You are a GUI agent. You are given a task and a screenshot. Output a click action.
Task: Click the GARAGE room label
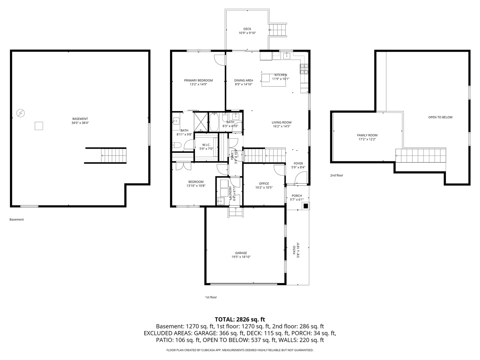[x=241, y=253]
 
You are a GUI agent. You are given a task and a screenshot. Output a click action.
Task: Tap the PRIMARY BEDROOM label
[x=198, y=80]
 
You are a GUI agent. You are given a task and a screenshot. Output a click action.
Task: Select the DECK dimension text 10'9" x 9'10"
[x=247, y=33]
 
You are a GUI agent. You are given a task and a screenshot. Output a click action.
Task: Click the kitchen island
[x=273, y=80]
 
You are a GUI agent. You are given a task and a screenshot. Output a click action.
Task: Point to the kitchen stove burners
[x=304, y=69]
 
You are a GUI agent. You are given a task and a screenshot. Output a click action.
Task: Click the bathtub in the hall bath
[x=214, y=122]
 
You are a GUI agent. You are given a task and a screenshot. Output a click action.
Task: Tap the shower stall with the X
[x=201, y=122]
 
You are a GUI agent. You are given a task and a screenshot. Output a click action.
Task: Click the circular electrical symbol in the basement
[x=21, y=113]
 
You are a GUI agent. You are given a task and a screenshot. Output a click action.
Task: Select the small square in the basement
[x=39, y=126]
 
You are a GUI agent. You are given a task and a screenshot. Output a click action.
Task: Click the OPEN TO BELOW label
[x=440, y=117]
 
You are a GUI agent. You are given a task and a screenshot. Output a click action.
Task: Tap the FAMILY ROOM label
[x=367, y=135]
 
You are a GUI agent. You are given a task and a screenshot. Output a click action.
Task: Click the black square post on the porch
[x=306, y=206]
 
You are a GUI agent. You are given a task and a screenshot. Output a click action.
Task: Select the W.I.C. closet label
[x=206, y=145]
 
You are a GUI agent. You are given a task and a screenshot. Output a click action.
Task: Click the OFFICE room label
[x=264, y=184]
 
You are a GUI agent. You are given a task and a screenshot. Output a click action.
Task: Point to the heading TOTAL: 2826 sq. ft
[x=240, y=319]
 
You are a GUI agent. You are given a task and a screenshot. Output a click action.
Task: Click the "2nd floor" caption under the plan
[x=337, y=175]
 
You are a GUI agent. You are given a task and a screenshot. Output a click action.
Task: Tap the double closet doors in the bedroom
[x=183, y=166]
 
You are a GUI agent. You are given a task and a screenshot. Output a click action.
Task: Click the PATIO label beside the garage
[x=294, y=250]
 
